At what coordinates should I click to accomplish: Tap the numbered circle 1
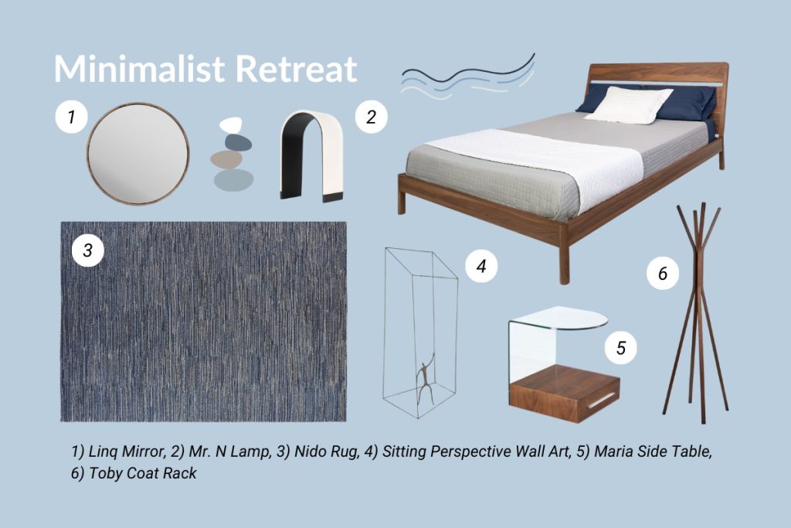72,117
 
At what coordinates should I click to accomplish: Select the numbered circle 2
372,117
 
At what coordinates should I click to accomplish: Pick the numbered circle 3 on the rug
88,250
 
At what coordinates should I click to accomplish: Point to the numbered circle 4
481,266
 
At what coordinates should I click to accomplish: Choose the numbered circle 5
621,347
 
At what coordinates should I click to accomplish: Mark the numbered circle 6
663,274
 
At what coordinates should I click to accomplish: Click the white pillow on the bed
627,104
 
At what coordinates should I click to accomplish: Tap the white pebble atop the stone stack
231,124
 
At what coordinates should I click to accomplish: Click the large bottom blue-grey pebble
233,179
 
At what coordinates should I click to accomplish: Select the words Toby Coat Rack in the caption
143,473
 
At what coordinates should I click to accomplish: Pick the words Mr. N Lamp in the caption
229,451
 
